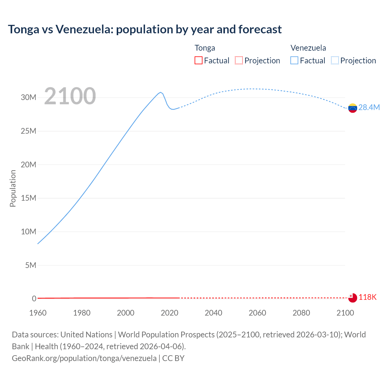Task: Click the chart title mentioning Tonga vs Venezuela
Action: (145, 29)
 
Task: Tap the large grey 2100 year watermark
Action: (70, 96)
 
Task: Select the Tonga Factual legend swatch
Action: (198, 60)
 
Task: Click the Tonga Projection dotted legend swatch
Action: (239, 60)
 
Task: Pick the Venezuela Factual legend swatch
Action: (294, 60)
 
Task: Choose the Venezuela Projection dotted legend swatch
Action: (335, 60)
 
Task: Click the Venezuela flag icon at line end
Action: (353, 108)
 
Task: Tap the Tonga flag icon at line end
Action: (353, 298)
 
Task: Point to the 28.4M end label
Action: (369, 107)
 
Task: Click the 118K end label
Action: (367, 297)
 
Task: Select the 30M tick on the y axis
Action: (28, 97)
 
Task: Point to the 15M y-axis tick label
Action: (28, 198)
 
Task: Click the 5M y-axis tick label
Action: (31, 265)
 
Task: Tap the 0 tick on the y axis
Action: (34, 299)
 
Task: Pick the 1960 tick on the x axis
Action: (38, 313)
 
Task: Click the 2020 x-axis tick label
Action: (169, 313)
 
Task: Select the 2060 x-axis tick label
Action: (257, 313)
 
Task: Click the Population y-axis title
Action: (13, 188)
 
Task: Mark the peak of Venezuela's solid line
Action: (161, 92)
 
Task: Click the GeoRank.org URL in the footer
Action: (84, 358)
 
